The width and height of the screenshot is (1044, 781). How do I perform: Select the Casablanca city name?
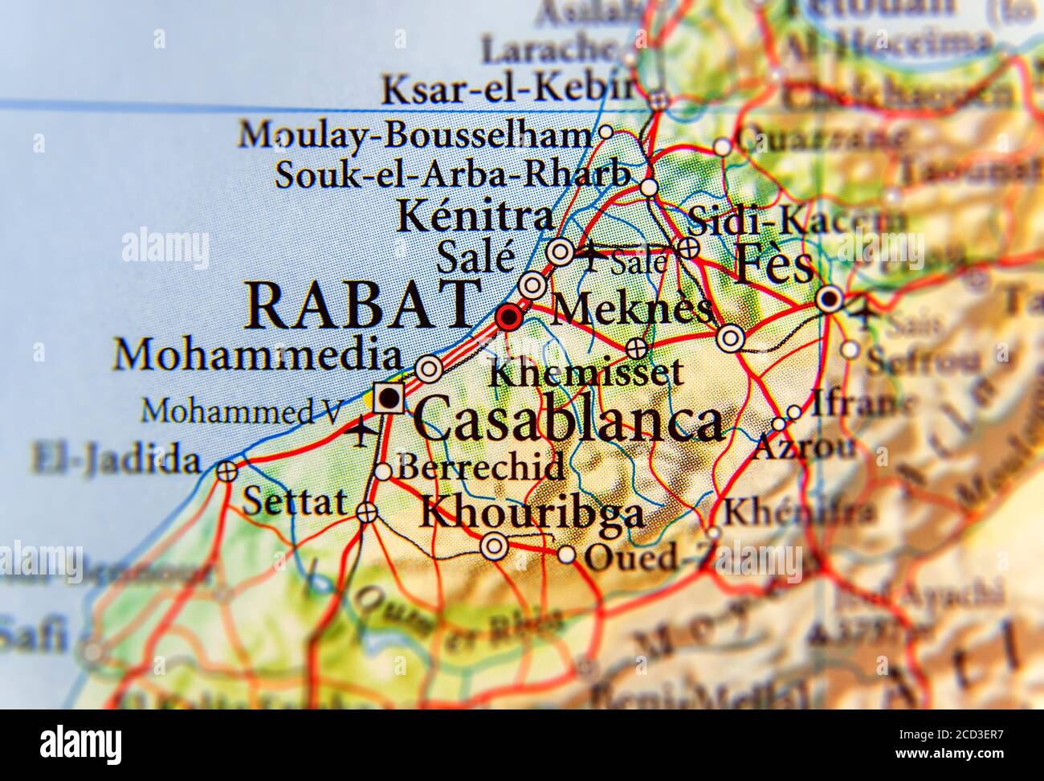point(568,419)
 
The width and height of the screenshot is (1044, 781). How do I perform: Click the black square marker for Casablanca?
point(389,396)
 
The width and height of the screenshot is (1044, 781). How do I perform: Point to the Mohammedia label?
point(257,354)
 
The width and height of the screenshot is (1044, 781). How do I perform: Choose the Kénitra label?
point(475,216)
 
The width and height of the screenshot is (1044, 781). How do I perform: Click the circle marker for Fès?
point(830,301)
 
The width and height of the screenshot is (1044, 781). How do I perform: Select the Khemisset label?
point(586,371)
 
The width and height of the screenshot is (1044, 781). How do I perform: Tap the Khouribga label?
point(532,513)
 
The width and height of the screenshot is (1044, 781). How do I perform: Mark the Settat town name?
point(295,502)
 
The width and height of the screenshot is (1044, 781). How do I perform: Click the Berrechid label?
point(481,466)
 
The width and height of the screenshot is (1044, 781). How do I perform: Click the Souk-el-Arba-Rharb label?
point(451,174)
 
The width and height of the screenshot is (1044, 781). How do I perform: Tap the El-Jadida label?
point(116,460)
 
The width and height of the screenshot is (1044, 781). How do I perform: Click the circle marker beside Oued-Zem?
point(567,554)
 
